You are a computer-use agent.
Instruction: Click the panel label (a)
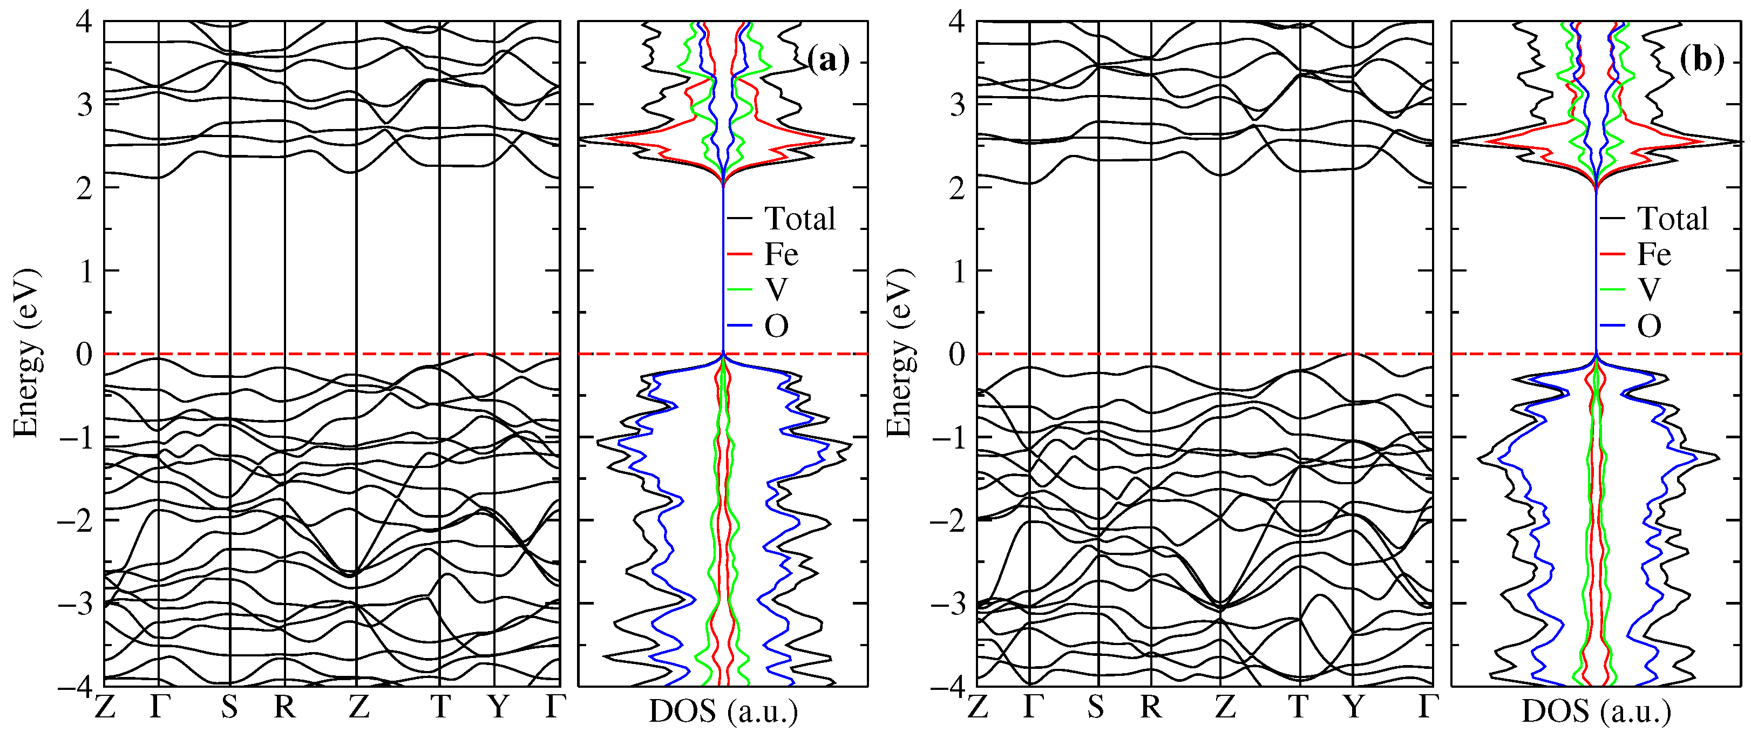click(828, 60)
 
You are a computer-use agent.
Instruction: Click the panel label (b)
click(1701, 60)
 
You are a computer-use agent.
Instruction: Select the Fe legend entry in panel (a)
click(781, 255)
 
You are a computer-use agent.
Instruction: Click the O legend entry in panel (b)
click(1649, 326)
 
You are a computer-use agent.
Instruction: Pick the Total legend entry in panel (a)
click(799, 219)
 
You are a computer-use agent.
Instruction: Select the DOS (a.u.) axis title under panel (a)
click(723, 711)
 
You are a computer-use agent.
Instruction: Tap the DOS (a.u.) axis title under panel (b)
click(1596, 711)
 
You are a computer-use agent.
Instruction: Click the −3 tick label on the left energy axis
click(75, 604)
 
